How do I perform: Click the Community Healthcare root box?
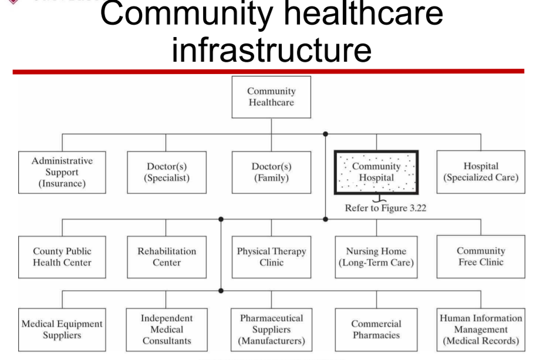pos(271,97)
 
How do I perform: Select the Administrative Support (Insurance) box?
pos(62,172)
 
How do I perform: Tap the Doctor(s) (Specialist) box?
pos(167,172)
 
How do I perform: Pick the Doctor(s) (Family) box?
pos(271,172)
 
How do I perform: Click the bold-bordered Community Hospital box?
pos(376,172)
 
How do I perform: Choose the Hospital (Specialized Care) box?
pos(481,172)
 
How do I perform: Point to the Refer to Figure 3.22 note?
pos(385,208)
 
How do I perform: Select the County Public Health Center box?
pos(62,257)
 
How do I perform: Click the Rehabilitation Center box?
pos(167,257)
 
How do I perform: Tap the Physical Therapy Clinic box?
pos(271,257)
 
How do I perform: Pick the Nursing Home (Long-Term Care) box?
pos(376,257)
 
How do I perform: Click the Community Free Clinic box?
pos(481,257)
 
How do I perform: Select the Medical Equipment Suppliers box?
pos(62,329)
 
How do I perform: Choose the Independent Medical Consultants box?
pos(167,329)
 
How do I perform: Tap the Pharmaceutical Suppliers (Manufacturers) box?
pos(271,329)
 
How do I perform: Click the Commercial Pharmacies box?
pos(376,329)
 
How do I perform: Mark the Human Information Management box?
pos(481,329)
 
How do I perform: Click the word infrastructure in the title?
pos(271,49)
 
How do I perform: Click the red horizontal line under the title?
pos(268,72)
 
